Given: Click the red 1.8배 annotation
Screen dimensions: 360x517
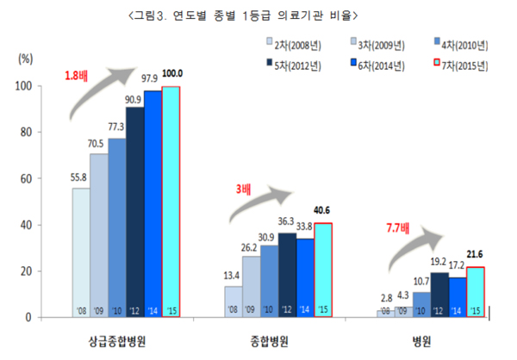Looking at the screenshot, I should [x=77, y=77].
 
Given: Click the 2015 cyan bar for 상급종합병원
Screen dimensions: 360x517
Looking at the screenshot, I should [x=171, y=198].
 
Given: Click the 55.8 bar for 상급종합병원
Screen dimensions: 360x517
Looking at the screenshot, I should [x=82, y=250].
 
